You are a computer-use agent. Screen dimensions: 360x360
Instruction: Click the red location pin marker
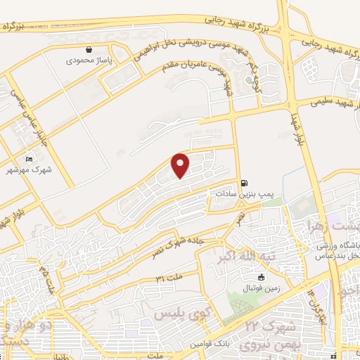click(181, 165)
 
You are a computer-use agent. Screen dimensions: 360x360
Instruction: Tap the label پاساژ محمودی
click(89, 61)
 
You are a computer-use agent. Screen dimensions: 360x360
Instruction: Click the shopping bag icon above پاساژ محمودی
click(89, 50)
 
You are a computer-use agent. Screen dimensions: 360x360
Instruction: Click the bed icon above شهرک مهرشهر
click(29, 159)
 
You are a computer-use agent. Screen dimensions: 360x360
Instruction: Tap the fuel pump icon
click(244, 181)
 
